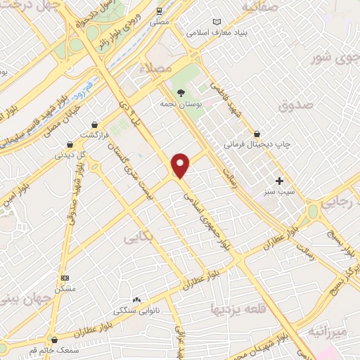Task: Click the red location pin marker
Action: coord(181,164)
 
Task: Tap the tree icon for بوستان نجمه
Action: coord(181,93)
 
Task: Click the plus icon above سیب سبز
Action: coord(279,181)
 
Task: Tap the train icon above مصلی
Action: coord(160,11)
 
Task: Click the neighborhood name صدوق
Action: coord(293,106)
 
